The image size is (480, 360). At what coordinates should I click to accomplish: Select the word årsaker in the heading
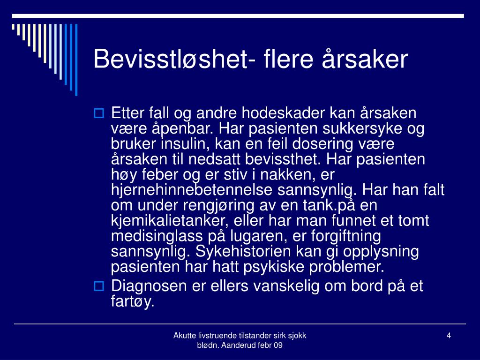365,59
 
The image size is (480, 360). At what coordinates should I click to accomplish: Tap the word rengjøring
218,205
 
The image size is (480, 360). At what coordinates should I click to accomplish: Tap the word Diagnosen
149,286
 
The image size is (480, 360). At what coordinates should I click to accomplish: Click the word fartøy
133,301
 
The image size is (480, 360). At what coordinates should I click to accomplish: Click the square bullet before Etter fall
98,113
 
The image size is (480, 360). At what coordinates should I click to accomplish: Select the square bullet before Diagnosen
98,286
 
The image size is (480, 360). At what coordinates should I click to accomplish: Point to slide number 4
449,336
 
